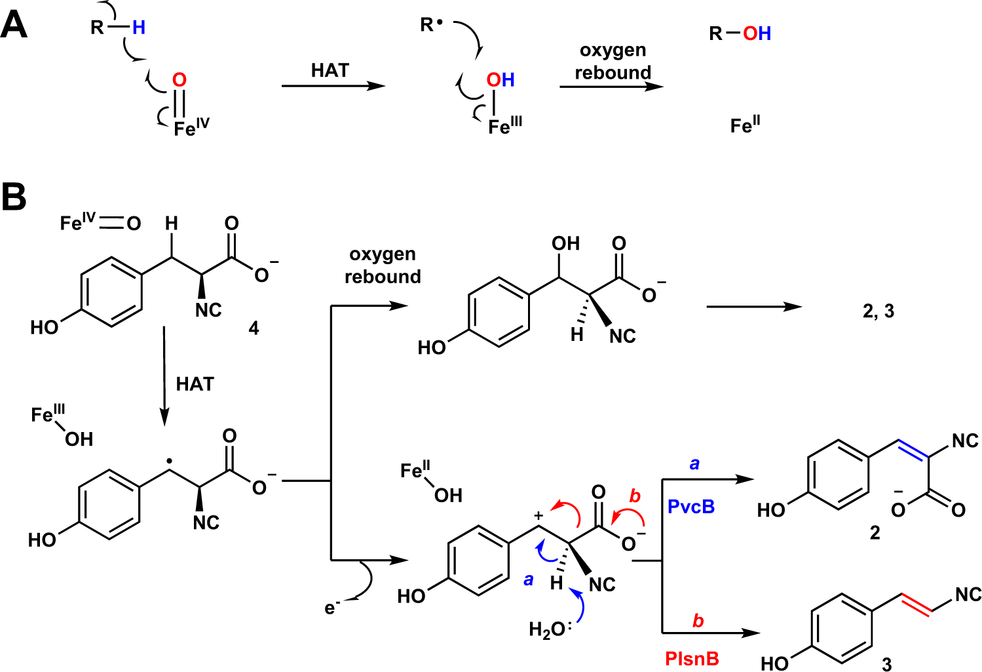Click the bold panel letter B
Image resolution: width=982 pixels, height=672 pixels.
(14, 197)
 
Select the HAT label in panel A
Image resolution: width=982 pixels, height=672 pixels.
(330, 70)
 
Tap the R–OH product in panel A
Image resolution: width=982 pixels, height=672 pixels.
(740, 33)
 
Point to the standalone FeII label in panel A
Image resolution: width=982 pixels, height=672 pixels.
(746, 125)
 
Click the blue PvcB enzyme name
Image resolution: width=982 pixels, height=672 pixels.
(691, 507)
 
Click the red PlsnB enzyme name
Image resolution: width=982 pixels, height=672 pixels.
(692, 658)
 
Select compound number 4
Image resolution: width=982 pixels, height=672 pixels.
(254, 328)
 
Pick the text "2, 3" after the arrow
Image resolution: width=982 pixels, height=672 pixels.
(878, 311)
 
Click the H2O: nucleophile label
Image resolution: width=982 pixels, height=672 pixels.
(550, 630)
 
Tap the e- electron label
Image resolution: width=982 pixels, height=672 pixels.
(332, 608)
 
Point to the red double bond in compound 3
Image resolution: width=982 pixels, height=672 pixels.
(916, 604)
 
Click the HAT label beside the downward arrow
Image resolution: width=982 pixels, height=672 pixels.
(195, 384)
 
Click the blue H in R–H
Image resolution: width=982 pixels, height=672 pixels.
(139, 28)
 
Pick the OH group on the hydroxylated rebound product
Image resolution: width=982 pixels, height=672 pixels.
(565, 243)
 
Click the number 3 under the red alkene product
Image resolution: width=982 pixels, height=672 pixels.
(887, 664)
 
